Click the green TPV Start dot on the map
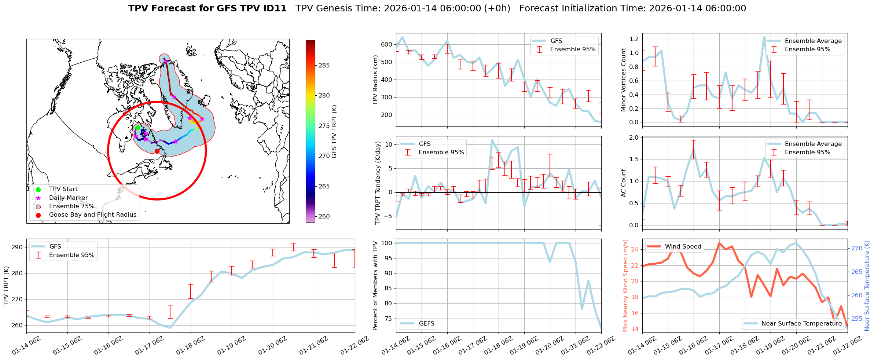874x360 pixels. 137,128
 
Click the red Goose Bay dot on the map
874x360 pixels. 157,151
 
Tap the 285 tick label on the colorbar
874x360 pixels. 324,66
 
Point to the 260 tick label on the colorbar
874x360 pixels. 324,217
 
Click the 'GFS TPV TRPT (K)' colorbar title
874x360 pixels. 334,132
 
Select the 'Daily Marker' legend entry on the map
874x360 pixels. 68,198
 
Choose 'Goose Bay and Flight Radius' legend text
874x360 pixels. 92,215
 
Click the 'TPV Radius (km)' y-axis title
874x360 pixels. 375,80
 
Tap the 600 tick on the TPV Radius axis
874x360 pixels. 386,45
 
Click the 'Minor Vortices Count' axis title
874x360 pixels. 624,80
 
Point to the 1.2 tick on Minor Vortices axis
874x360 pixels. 634,39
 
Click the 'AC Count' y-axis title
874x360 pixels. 624,183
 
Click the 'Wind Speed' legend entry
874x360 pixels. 683,247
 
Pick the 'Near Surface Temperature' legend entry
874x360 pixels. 801,324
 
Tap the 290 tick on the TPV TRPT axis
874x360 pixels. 17,247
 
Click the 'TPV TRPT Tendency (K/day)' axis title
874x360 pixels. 378,183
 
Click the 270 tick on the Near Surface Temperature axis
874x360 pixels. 857,249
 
